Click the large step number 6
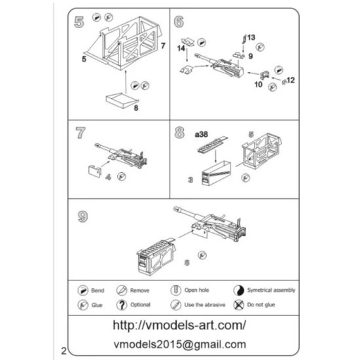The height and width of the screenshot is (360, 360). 179,21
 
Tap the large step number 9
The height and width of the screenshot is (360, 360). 83,216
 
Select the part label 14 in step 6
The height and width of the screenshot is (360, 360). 180,48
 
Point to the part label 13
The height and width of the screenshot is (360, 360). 253,38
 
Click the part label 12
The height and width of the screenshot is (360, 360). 291,80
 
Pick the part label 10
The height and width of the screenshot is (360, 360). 258,84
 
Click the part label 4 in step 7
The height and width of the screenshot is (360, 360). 107,177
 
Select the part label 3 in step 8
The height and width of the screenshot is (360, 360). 189,178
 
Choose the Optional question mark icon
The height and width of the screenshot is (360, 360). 121,305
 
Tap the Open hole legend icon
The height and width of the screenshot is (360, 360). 175,290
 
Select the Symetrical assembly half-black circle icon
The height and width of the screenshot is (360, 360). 239,290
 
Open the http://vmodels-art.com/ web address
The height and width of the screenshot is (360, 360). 179,325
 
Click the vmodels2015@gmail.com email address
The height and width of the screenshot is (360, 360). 179,344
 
